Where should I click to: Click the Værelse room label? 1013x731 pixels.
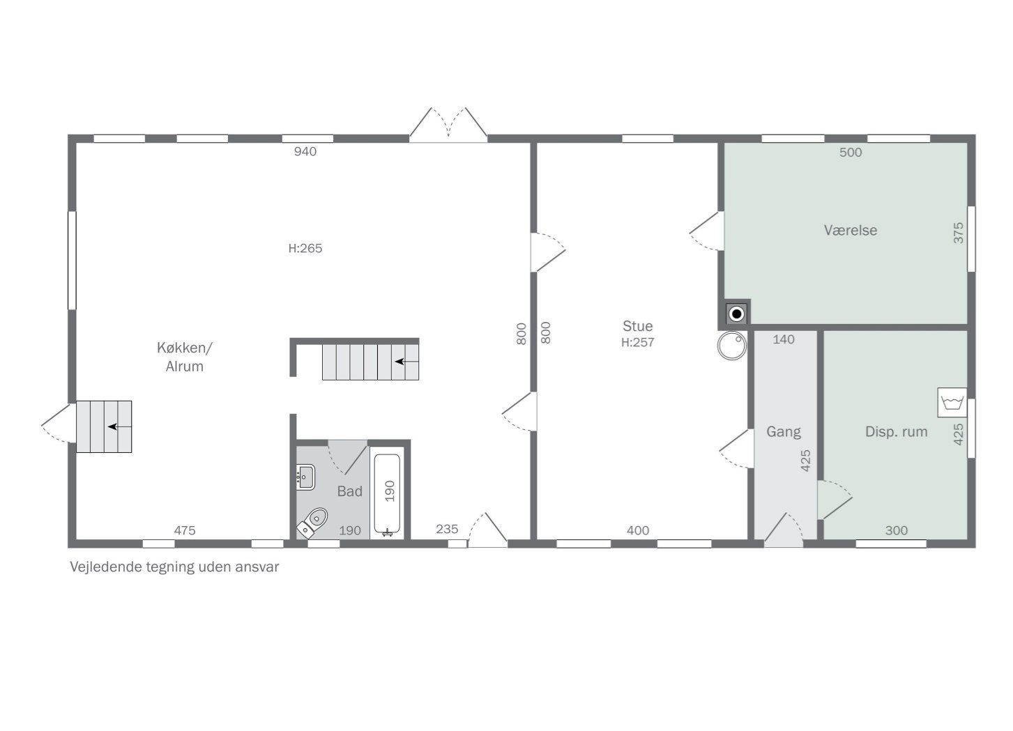click(850, 231)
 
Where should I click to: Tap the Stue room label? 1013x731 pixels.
click(637, 326)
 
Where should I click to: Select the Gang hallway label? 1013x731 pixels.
click(783, 432)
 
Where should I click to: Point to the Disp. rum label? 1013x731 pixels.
click(896, 432)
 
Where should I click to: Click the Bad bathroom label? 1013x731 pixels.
click(349, 491)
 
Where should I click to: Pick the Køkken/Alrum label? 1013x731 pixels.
click(185, 357)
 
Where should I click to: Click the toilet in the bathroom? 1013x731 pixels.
click(312, 523)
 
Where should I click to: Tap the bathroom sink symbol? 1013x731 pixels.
click(305, 477)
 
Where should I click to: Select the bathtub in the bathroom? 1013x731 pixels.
click(387, 494)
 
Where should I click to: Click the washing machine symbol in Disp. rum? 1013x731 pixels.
click(952, 402)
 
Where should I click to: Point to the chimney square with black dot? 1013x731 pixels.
click(736, 314)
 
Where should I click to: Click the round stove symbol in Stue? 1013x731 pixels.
click(732, 346)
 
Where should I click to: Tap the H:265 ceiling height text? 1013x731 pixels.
click(305, 249)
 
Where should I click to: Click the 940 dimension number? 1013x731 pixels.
click(305, 152)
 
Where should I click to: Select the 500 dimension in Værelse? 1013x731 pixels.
click(850, 153)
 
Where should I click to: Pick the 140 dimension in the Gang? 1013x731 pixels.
click(783, 339)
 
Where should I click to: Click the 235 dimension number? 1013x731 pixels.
click(447, 530)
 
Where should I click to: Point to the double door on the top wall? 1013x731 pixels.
click(448, 125)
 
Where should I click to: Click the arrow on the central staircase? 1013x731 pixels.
click(406, 362)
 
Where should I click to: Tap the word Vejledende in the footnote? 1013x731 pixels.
click(106, 567)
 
